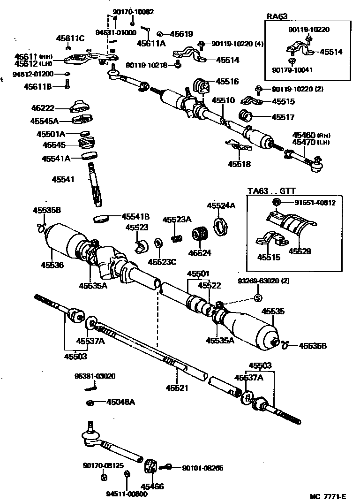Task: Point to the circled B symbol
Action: [277, 203]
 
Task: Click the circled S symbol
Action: [257, 297]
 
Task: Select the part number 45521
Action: [177, 388]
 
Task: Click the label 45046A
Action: [120, 402]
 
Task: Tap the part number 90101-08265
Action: [202, 468]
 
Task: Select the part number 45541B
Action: [135, 216]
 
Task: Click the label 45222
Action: [43, 108]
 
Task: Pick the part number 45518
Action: [239, 164]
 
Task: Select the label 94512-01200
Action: [33, 74]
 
